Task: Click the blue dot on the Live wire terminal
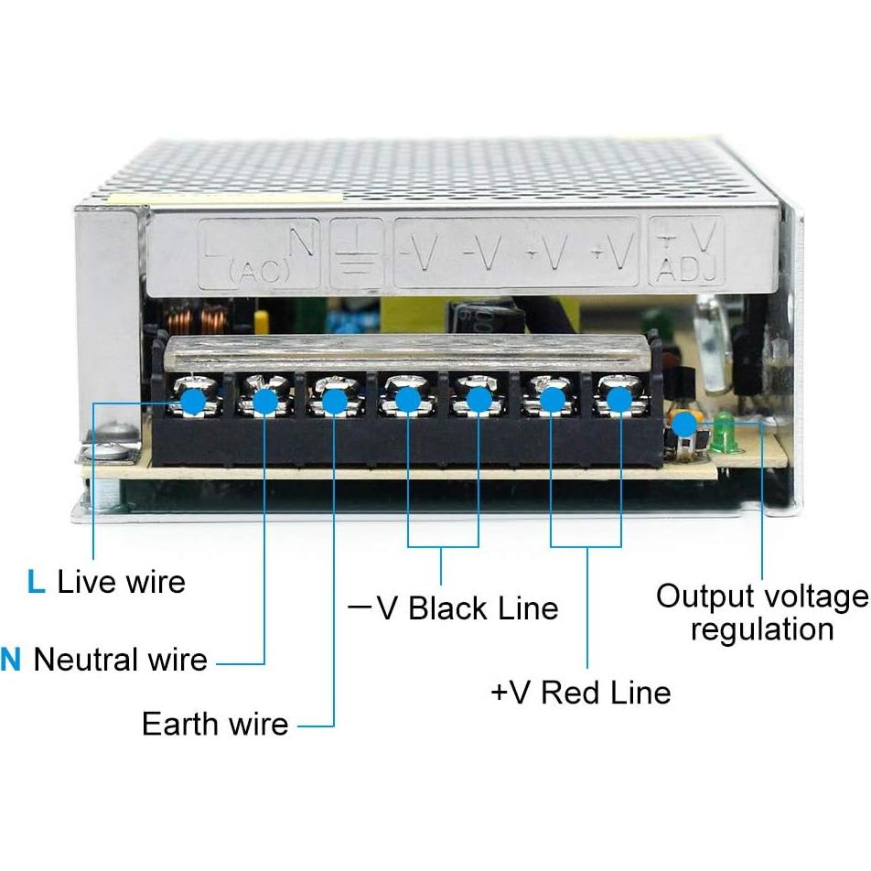(192, 400)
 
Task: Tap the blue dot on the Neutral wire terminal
(264, 400)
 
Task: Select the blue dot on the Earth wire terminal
(335, 400)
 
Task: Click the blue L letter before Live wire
(36, 582)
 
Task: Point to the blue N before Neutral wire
(10, 659)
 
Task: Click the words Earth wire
(215, 725)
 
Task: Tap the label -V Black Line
(454, 608)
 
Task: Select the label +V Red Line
(581, 692)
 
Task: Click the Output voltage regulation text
(761, 613)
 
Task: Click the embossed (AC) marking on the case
(259, 269)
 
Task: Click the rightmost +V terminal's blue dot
(619, 400)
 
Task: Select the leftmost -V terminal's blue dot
(407, 400)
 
